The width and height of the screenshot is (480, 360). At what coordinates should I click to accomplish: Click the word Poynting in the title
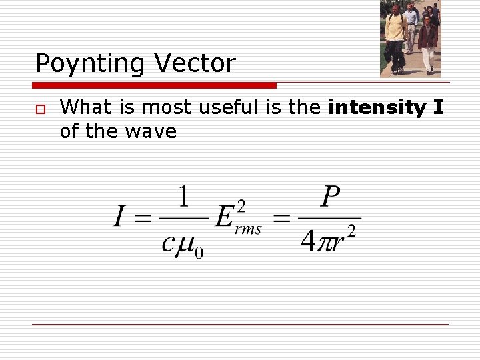pos(91,64)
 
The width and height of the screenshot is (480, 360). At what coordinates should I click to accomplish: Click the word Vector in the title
pos(195,64)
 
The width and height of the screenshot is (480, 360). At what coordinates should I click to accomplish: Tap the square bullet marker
pos(41,109)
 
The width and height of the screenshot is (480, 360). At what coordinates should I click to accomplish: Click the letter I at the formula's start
pos(120,217)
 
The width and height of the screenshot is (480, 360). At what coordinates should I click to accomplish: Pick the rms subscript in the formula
pos(249,229)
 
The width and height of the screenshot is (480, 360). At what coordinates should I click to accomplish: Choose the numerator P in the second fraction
pos(329,197)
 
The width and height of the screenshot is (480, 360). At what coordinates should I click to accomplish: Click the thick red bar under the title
pos(155,85)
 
